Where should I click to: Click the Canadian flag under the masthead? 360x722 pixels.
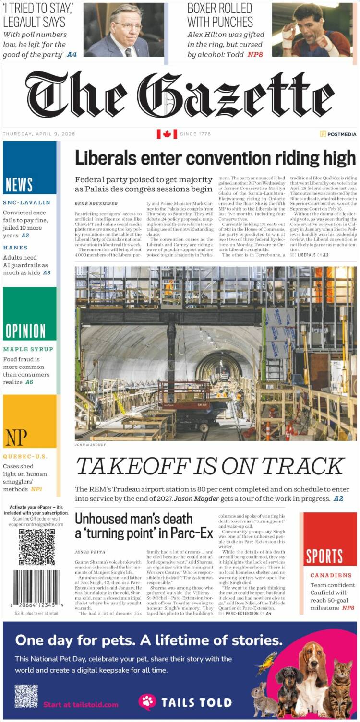coord(167,134)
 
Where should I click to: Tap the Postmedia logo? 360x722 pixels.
coord(338,134)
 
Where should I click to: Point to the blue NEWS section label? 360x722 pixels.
coord(19,185)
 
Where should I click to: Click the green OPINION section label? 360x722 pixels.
coord(25,331)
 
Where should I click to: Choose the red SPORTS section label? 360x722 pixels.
coord(324,556)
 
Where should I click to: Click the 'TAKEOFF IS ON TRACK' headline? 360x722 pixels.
coord(210,466)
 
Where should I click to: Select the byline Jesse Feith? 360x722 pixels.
coord(90,552)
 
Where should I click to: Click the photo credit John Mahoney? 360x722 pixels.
coord(90,445)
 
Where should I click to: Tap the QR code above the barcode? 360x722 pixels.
coord(37,547)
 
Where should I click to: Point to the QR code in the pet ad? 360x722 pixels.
coord(26,696)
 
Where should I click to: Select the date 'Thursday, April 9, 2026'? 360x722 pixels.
coord(39,134)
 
